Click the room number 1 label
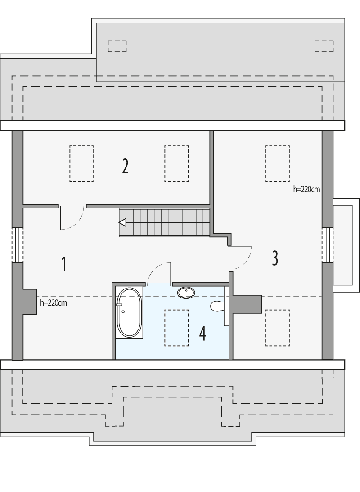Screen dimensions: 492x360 pyautogui.click(x=64, y=264)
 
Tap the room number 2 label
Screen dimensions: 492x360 pyautogui.click(x=125, y=166)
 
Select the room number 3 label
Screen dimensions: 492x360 pyautogui.click(x=275, y=258)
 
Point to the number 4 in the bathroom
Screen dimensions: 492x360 pyautogui.click(x=202, y=334)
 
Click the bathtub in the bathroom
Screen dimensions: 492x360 pyautogui.click(x=129, y=313)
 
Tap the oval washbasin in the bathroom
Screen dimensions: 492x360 pyautogui.click(x=186, y=293)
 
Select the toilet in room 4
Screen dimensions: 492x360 pyautogui.click(x=217, y=307)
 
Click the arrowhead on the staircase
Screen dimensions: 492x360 pyautogui.click(x=122, y=222)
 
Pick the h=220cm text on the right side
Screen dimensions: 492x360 pyautogui.click(x=306, y=190)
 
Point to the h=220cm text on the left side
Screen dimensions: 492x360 pyautogui.click(x=54, y=303)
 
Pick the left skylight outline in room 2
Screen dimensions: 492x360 pyautogui.click(x=81, y=164)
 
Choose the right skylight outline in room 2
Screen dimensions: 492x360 pyautogui.click(x=176, y=164)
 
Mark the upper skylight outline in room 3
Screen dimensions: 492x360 pyautogui.click(x=277, y=164)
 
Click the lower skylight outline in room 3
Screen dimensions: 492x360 pyautogui.click(x=277, y=328)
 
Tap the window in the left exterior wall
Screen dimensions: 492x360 pyautogui.click(x=17, y=245)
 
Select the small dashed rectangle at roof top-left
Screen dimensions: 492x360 pyautogui.click(x=117, y=46)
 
